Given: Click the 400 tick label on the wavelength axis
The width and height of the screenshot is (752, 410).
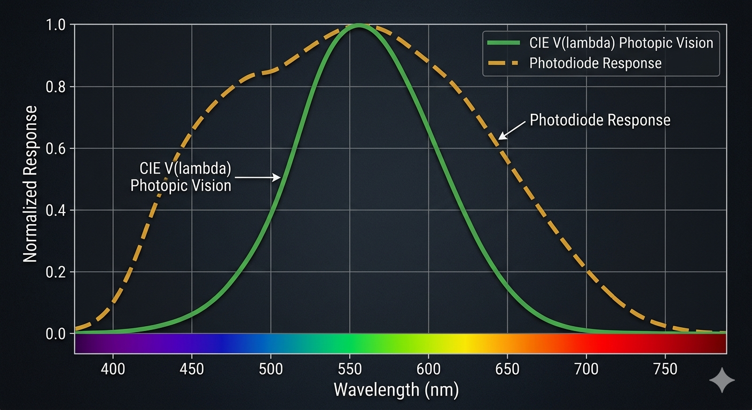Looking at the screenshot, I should (x=113, y=369).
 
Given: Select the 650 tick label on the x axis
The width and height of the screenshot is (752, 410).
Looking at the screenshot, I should (x=507, y=369).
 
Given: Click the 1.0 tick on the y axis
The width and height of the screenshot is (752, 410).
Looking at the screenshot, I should (x=57, y=25).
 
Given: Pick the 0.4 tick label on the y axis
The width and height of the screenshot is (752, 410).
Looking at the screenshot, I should (x=57, y=210).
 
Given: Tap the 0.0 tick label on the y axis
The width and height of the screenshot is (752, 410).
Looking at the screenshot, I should (x=57, y=334).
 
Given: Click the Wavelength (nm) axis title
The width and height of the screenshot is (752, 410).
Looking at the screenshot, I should (x=396, y=390).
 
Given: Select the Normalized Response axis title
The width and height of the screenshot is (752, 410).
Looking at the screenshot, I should (x=30, y=184).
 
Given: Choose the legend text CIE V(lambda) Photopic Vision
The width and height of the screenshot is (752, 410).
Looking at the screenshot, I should (x=621, y=42).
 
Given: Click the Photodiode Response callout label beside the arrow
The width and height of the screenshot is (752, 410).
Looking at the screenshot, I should (x=600, y=120).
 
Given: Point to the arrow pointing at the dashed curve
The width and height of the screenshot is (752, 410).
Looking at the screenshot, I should (x=512, y=130).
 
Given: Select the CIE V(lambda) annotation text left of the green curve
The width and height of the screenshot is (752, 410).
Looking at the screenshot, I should (x=181, y=177).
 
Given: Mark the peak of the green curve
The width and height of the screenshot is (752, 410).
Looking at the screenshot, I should (x=359, y=25).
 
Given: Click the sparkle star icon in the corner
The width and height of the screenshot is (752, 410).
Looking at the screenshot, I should (x=722, y=380).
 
